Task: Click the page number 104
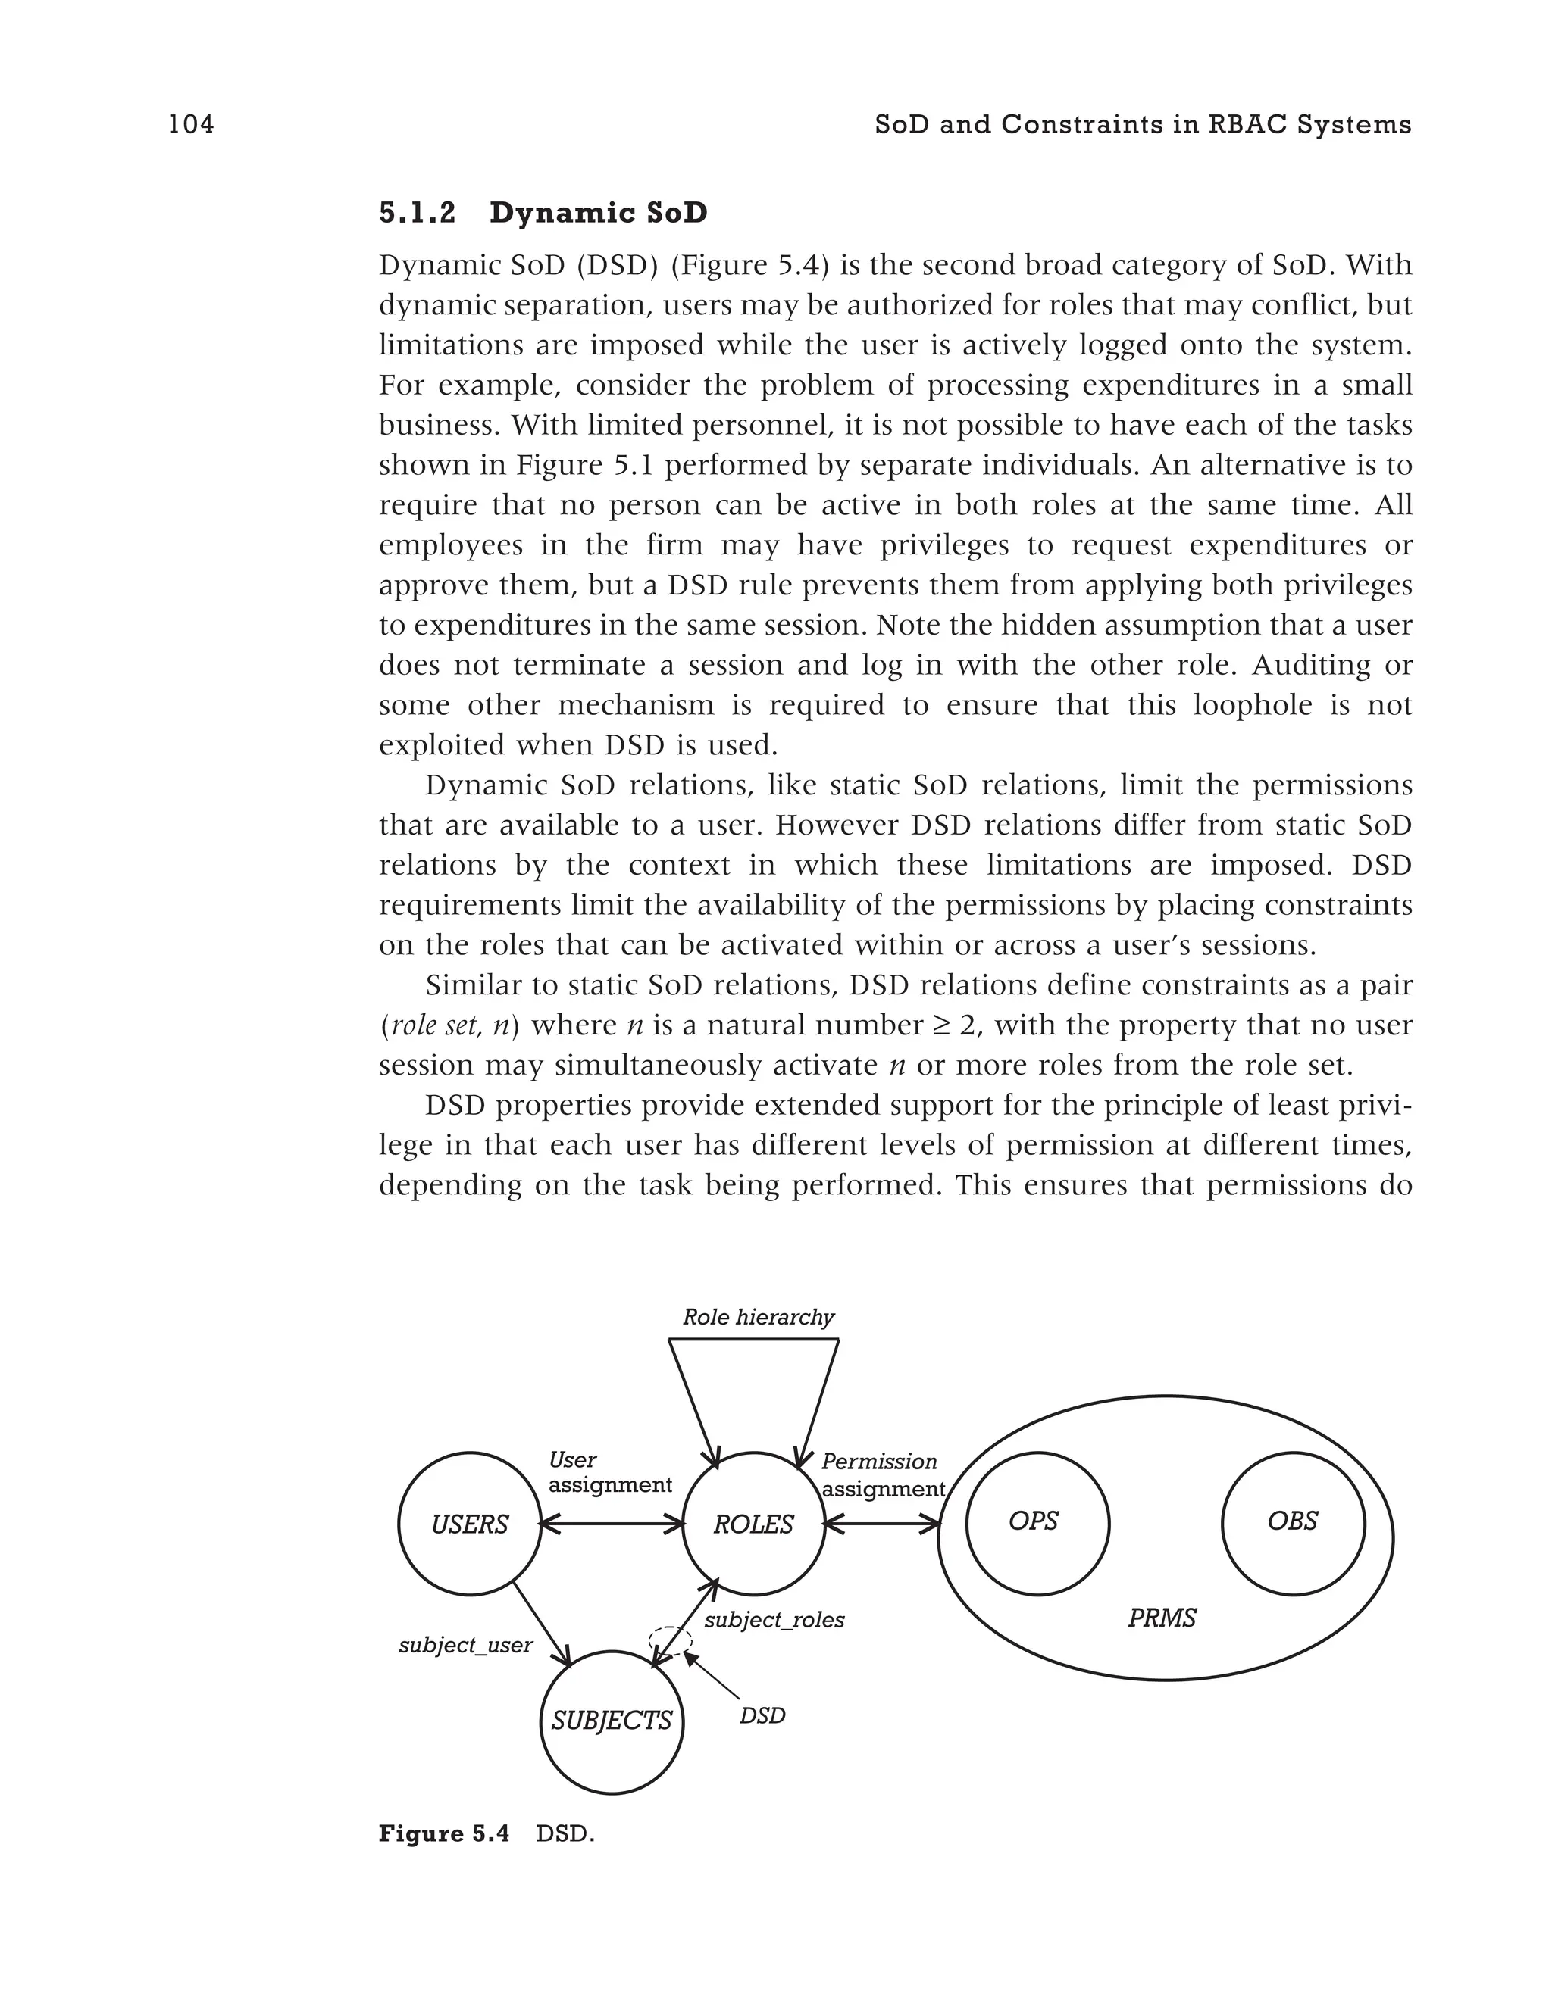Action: (x=191, y=124)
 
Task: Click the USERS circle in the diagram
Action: (x=470, y=1524)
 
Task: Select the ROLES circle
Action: (x=753, y=1524)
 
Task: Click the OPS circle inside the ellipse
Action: (x=1037, y=1523)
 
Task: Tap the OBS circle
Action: (x=1293, y=1523)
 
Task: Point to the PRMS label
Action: (x=1161, y=1619)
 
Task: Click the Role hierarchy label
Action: (x=758, y=1318)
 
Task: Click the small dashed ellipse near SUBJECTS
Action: (x=671, y=1639)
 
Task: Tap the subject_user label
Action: (x=465, y=1645)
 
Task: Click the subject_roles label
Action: (x=774, y=1620)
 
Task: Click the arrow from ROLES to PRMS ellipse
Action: (x=881, y=1524)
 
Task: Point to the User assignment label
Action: (x=609, y=1473)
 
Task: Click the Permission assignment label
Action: (x=881, y=1475)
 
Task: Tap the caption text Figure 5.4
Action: (x=444, y=1834)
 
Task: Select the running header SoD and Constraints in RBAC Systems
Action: (x=1142, y=124)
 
